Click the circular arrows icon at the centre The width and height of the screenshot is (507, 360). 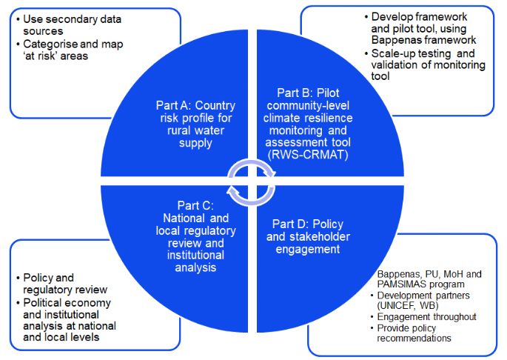[x=251, y=179]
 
